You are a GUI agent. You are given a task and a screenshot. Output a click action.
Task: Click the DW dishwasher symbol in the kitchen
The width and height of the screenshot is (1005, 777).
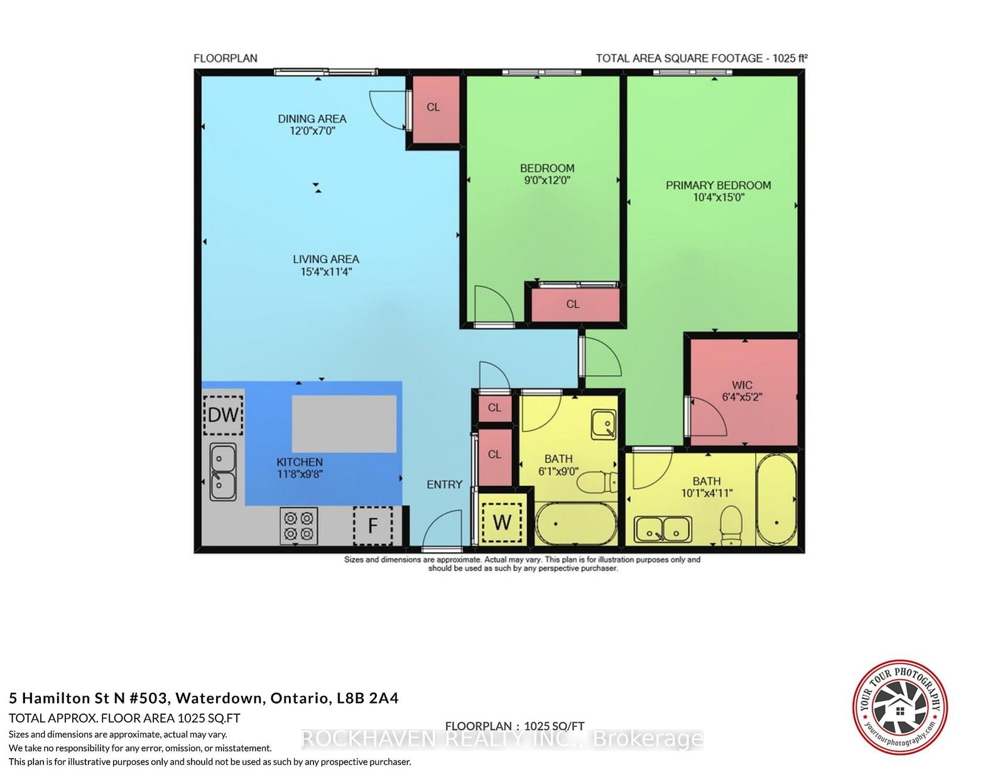tap(223, 415)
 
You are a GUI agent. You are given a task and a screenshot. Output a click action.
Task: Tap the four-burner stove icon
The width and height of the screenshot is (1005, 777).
tap(298, 526)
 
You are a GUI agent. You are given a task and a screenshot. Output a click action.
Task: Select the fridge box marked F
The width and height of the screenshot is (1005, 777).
tap(372, 525)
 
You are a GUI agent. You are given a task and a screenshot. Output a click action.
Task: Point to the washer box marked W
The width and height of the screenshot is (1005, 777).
tap(502, 521)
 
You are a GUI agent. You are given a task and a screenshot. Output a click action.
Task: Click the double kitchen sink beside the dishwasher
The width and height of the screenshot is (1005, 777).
tap(223, 472)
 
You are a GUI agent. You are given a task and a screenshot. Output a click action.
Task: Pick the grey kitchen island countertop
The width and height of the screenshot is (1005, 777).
tap(344, 423)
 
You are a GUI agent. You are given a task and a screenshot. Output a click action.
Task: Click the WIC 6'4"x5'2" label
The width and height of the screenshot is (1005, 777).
tap(742, 391)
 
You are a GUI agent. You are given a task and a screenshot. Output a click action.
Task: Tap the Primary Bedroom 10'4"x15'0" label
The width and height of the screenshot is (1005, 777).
tap(718, 191)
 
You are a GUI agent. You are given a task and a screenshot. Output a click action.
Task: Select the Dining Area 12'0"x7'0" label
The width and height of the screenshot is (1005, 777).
tap(312, 124)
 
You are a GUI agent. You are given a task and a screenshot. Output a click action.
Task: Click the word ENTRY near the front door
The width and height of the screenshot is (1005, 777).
tap(444, 484)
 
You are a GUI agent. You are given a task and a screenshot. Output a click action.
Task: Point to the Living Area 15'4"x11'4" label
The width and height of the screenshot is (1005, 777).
tap(326, 265)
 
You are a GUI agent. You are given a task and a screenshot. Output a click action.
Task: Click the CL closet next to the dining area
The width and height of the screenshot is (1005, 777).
tap(433, 107)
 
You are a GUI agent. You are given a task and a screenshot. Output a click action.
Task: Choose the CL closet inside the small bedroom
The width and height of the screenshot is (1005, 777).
tap(573, 304)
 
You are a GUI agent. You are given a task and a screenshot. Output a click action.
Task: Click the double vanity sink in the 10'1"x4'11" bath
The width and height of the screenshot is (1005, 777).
tap(663, 530)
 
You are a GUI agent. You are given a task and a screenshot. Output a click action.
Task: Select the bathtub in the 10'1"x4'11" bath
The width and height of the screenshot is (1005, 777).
tap(776, 499)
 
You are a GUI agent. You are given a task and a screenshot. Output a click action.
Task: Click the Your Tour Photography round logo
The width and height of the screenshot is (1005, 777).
tap(899, 707)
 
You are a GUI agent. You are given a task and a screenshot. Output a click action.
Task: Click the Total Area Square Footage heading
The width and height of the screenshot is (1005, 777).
tap(701, 58)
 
